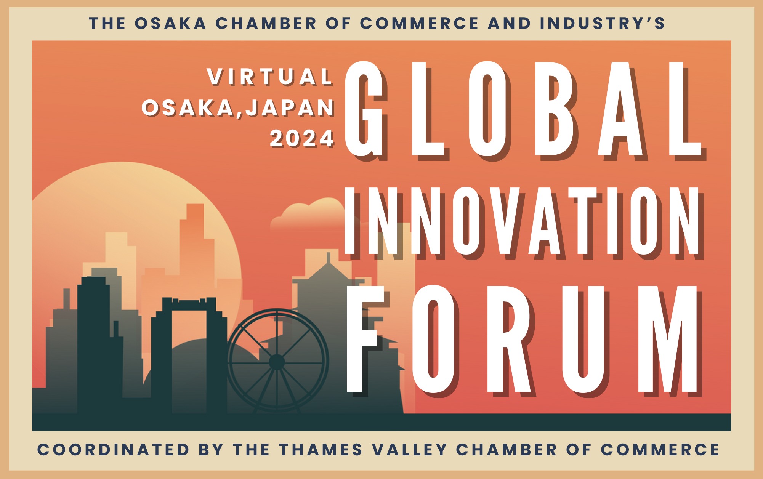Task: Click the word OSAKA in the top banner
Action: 170,23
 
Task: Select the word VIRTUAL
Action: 270,77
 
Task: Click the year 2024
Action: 302,138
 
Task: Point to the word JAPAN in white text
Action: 290,107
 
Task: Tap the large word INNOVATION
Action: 522,221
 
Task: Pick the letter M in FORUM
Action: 670,339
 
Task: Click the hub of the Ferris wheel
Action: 277,362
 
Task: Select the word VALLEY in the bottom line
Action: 409,450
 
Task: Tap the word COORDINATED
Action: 113,450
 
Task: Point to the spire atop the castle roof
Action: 328,258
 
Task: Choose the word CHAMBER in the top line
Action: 266,23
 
